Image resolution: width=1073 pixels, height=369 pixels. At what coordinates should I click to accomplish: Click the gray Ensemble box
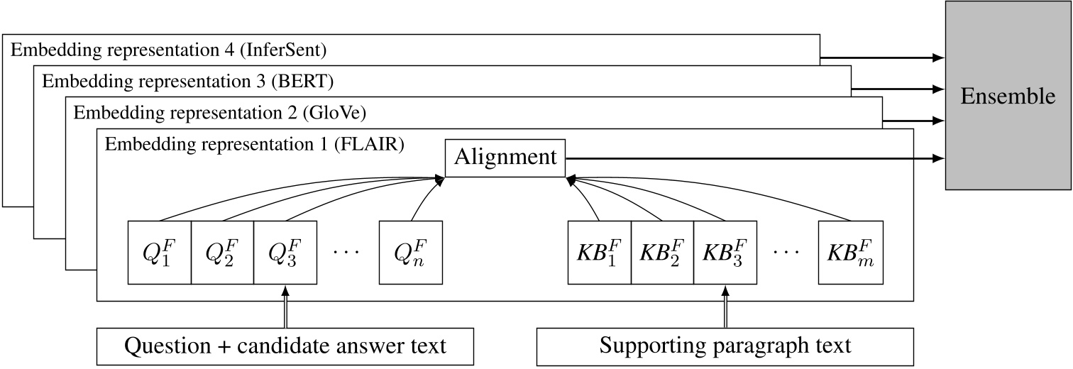pyautogui.click(x=1008, y=96)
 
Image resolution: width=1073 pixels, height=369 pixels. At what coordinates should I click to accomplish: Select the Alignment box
pyautogui.click(x=505, y=158)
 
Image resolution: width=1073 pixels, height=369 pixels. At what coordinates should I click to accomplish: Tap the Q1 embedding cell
pyautogui.click(x=160, y=253)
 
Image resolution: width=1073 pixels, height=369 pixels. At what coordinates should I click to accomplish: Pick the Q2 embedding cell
pyautogui.click(x=222, y=253)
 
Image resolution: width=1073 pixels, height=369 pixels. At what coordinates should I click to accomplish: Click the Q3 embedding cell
pyautogui.click(x=285, y=253)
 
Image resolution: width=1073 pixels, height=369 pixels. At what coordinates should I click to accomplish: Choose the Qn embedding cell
pyautogui.click(x=411, y=253)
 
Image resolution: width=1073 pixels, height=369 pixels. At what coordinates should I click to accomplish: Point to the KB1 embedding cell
pyautogui.click(x=600, y=253)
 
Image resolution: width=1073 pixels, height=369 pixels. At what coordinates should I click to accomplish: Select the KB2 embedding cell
pyautogui.click(x=662, y=253)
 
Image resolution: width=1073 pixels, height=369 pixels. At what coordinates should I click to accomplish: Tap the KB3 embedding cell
pyautogui.click(x=725, y=253)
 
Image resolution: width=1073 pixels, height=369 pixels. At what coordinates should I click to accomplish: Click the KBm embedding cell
pyautogui.click(x=849, y=253)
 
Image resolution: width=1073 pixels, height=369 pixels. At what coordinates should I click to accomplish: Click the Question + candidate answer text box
pyautogui.click(x=285, y=346)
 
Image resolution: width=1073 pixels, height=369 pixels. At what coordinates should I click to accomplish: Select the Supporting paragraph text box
pyautogui.click(x=725, y=346)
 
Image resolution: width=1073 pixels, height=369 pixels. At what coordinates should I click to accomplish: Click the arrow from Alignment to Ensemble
pyautogui.click(x=752, y=158)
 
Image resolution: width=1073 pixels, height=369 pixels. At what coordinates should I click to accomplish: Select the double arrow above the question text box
pyautogui.click(x=285, y=307)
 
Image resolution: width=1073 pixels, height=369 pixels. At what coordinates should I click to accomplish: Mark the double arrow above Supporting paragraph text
pyautogui.click(x=725, y=307)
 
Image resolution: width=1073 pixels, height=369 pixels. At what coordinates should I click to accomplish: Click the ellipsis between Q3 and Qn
pyautogui.click(x=348, y=253)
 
